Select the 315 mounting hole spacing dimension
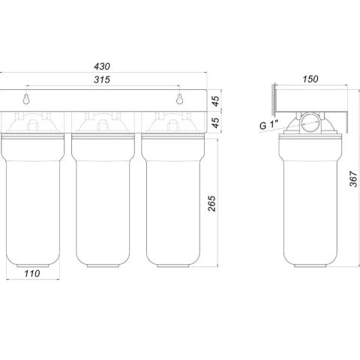(x=104, y=80)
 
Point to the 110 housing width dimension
(x=32, y=274)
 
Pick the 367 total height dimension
(x=352, y=178)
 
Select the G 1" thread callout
(x=268, y=125)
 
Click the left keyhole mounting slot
(x=27, y=99)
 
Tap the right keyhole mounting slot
(x=180, y=99)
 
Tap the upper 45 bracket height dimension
(x=214, y=100)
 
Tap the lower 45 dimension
(x=214, y=122)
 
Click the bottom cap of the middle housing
(x=103, y=261)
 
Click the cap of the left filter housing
(x=33, y=124)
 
